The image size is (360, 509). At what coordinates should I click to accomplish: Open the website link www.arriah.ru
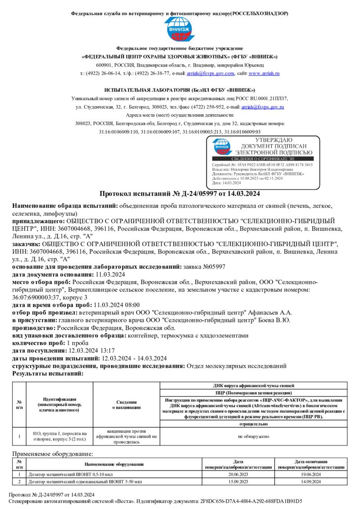(x=264, y=73)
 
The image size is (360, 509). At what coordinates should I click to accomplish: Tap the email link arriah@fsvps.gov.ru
(x=263, y=107)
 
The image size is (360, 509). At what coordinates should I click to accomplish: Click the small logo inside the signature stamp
(x=222, y=147)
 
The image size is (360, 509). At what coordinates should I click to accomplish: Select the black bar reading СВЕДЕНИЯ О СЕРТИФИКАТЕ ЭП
(x=263, y=159)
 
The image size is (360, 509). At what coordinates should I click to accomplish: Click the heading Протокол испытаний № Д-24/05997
(x=180, y=194)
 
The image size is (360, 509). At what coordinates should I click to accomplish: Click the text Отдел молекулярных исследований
(x=236, y=366)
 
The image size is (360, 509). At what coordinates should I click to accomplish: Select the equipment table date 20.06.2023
(x=238, y=474)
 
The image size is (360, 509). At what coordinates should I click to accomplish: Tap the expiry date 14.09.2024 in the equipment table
(x=311, y=482)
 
